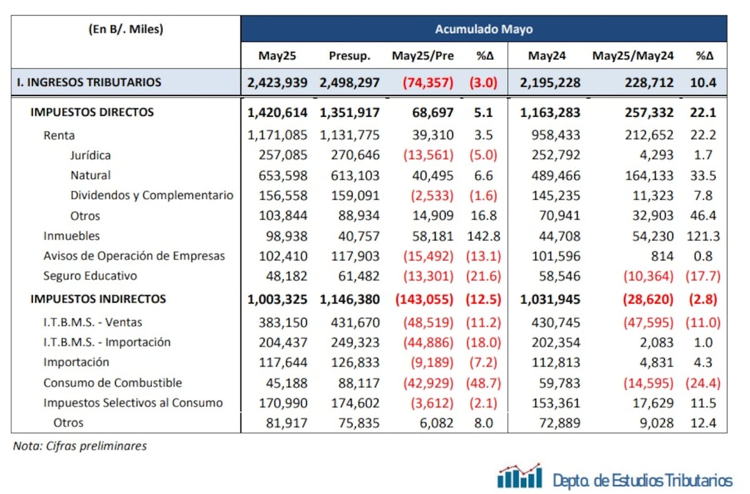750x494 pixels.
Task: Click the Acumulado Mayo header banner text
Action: point(483,29)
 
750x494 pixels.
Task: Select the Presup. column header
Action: point(349,56)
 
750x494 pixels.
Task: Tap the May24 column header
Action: point(546,56)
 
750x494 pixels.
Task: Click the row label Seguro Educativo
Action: point(90,275)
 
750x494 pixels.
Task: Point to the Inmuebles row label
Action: point(72,235)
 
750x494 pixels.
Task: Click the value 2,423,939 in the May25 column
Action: point(277,82)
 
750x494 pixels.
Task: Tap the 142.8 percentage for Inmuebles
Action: point(484,235)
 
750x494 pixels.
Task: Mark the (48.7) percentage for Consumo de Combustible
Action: point(484,382)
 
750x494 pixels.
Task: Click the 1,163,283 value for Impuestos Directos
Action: point(551,112)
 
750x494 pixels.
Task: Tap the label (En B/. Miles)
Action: point(126,29)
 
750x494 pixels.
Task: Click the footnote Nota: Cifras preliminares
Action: point(80,446)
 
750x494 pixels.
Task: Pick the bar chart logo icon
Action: point(519,477)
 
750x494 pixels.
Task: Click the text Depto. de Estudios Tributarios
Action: point(642,480)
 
